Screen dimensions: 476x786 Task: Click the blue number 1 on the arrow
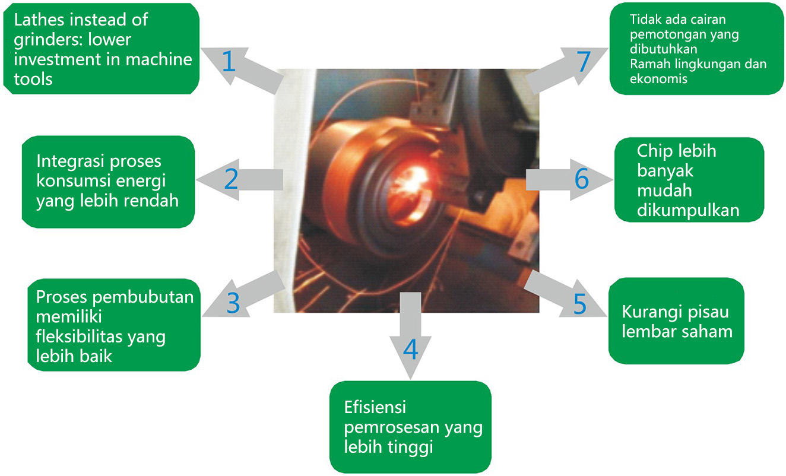tap(229, 61)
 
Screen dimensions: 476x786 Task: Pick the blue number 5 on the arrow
tap(579, 303)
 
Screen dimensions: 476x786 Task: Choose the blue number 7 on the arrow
tap(584, 61)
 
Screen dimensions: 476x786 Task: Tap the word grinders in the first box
tap(45, 39)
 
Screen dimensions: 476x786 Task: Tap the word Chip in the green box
tap(655, 151)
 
